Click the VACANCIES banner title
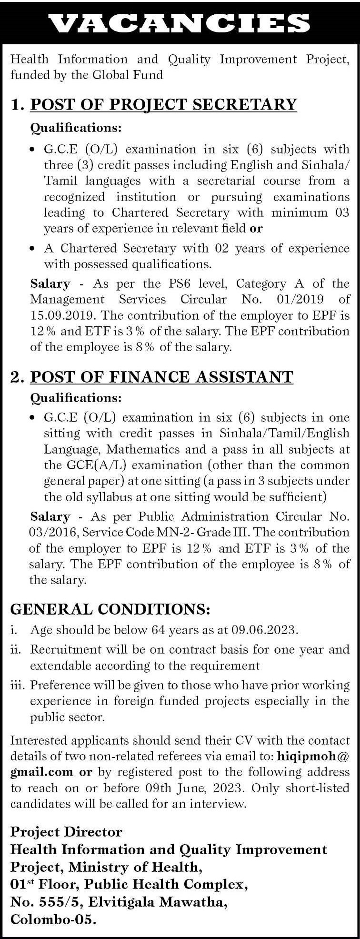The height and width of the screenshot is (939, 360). (180, 22)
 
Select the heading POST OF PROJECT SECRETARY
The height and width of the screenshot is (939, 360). (163, 104)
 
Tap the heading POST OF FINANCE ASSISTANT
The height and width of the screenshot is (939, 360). (161, 377)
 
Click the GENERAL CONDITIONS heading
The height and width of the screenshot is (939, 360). (110, 609)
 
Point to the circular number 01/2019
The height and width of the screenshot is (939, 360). (297, 299)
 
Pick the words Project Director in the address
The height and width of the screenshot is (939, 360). (66, 832)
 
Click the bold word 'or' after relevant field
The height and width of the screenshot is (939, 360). (256, 228)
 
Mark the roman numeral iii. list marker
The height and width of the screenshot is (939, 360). (18, 685)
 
